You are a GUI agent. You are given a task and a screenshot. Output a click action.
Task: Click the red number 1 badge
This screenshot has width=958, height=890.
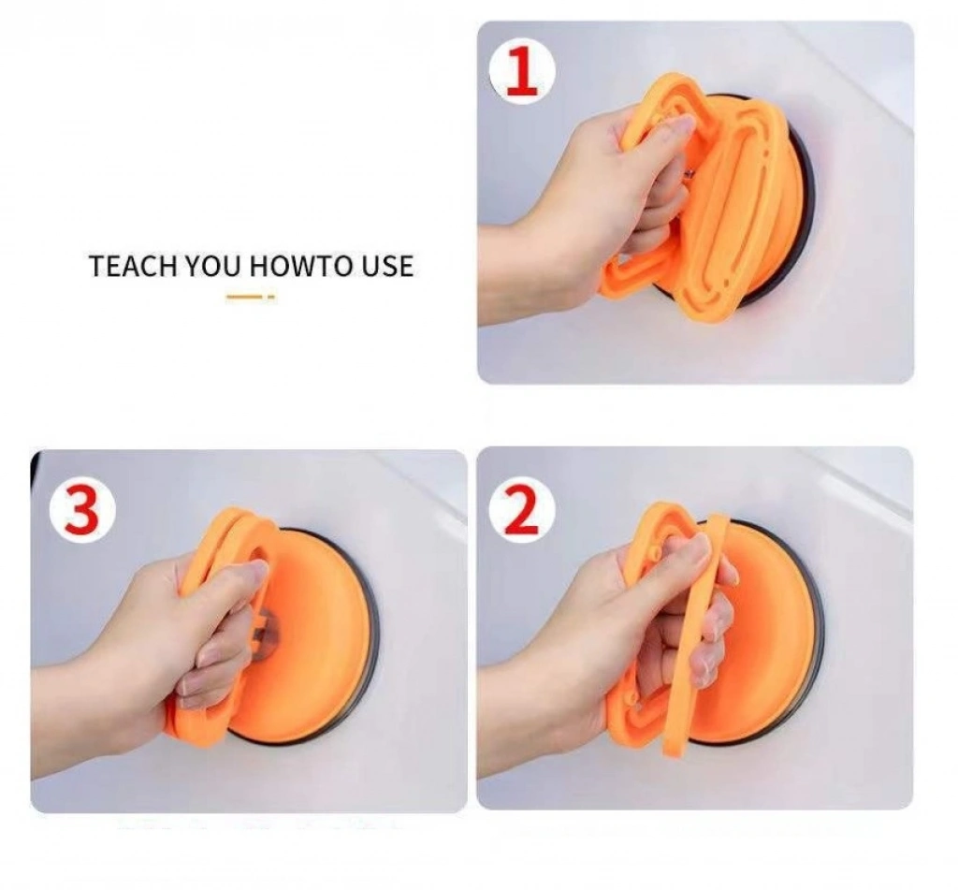tap(522, 71)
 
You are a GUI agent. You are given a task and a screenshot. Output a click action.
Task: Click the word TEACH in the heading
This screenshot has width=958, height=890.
tap(133, 266)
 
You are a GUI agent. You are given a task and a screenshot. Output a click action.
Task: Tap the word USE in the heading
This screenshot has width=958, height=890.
tap(387, 266)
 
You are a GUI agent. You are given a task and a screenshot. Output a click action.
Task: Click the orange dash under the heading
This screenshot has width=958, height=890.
tap(251, 297)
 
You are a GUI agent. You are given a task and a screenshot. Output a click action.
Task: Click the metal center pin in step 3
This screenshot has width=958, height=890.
tap(267, 635)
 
